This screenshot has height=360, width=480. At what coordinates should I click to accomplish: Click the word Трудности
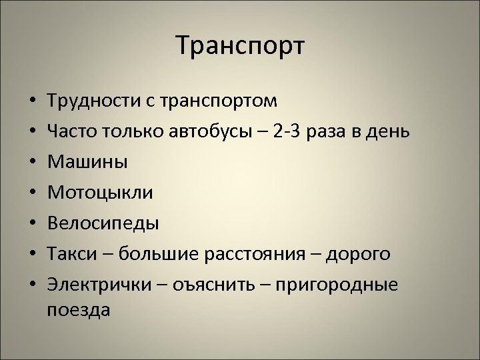tap(93, 101)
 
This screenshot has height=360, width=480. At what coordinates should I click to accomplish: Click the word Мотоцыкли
tap(101, 193)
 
